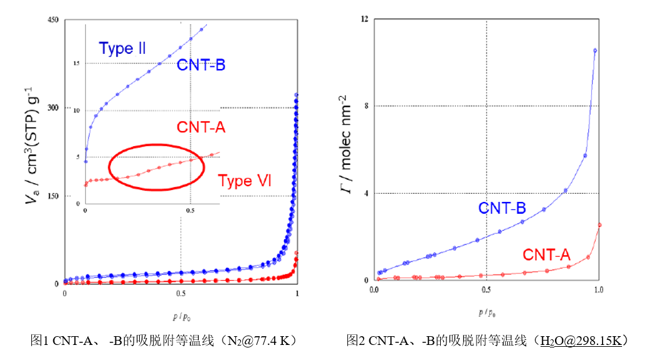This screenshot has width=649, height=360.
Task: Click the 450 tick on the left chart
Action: pos(53,20)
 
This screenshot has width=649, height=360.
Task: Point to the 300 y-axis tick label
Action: pos(53,108)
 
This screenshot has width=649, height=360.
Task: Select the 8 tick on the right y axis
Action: pos(364,106)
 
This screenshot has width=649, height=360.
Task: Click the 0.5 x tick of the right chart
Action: pos(486,290)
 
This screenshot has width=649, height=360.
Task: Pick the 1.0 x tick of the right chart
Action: pos(598,290)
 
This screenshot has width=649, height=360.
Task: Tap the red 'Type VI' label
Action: pos(245,181)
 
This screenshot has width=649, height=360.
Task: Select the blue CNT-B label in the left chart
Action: pos(201,65)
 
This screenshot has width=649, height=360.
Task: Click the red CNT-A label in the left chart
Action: pos(201,127)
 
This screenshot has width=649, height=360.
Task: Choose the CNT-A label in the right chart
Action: pos(546,255)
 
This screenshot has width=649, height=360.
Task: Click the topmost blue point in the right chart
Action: pos(595,51)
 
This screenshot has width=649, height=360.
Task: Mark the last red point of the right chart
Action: pos(599,225)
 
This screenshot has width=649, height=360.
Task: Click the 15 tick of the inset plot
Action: pos(77,63)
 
